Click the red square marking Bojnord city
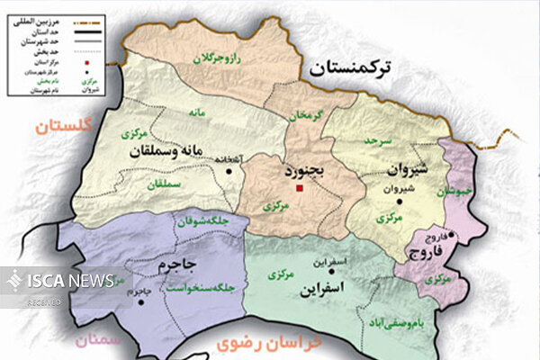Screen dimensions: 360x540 300,189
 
